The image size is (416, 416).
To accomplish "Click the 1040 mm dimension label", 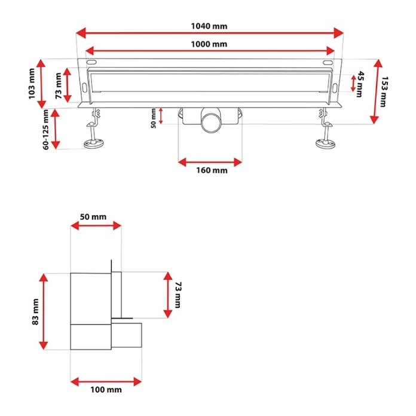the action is [209, 26].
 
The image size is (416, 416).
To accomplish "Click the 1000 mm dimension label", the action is [209, 44].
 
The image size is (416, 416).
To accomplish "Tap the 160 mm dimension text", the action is [212, 170].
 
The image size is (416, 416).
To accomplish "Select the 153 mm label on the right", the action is [384, 91].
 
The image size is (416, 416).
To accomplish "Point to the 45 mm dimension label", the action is [360, 84].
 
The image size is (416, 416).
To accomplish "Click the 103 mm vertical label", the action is [32, 84].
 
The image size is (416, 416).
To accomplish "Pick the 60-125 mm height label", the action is [45, 130].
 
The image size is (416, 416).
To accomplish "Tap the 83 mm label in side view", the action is [35, 312].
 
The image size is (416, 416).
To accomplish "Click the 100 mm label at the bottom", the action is [106, 390].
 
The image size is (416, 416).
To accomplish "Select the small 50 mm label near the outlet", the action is [154, 118].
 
